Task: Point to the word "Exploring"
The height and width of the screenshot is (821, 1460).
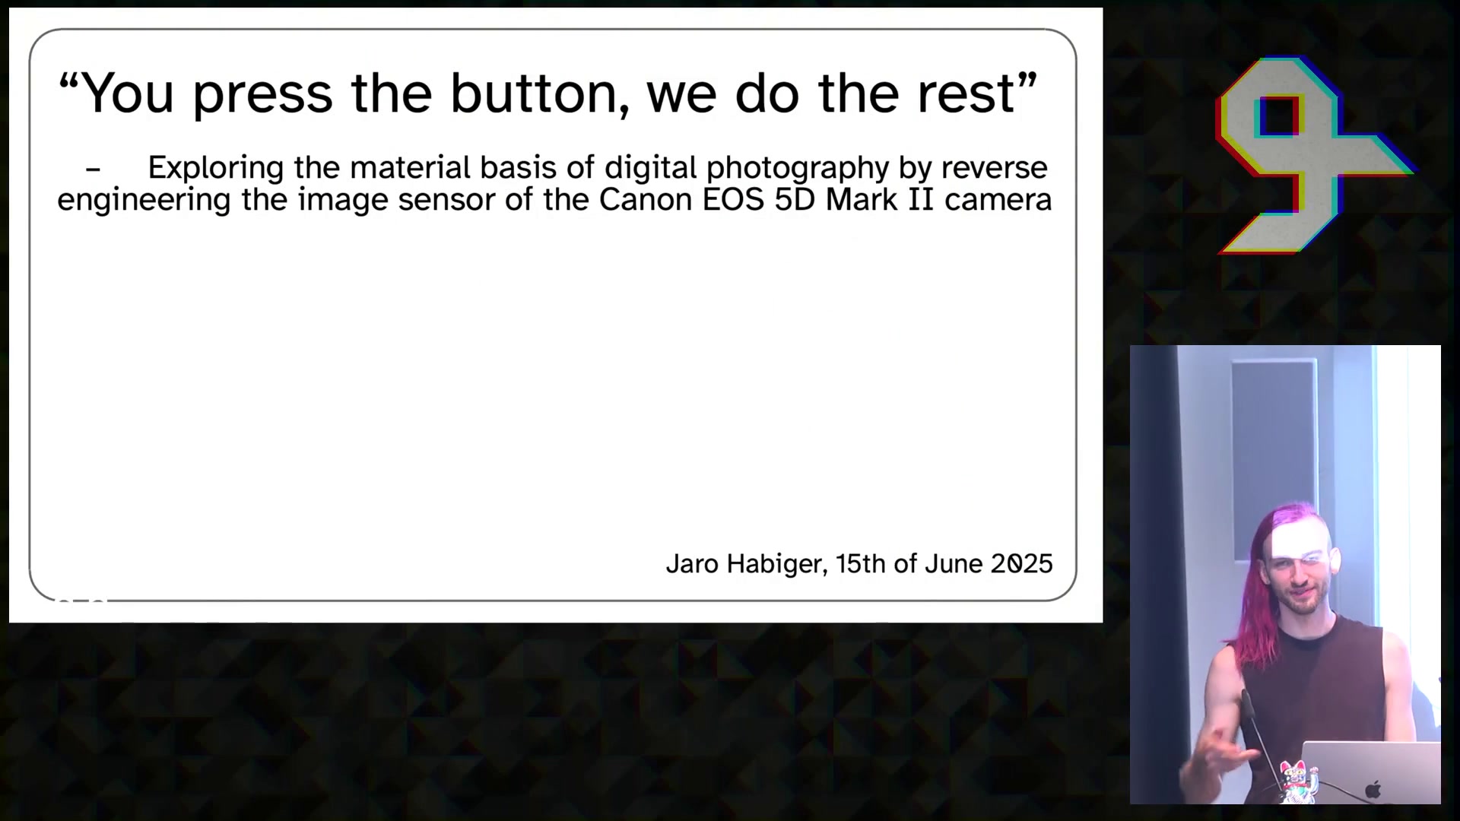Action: [x=216, y=168]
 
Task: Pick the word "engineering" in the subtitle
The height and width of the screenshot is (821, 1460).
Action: [x=144, y=201]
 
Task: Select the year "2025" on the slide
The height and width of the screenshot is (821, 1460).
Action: [x=1021, y=564]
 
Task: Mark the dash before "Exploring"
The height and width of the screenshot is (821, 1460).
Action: [x=94, y=170]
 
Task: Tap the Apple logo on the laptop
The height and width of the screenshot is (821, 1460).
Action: [x=1373, y=789]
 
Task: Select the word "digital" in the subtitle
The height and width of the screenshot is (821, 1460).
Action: [x=651, y=168]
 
